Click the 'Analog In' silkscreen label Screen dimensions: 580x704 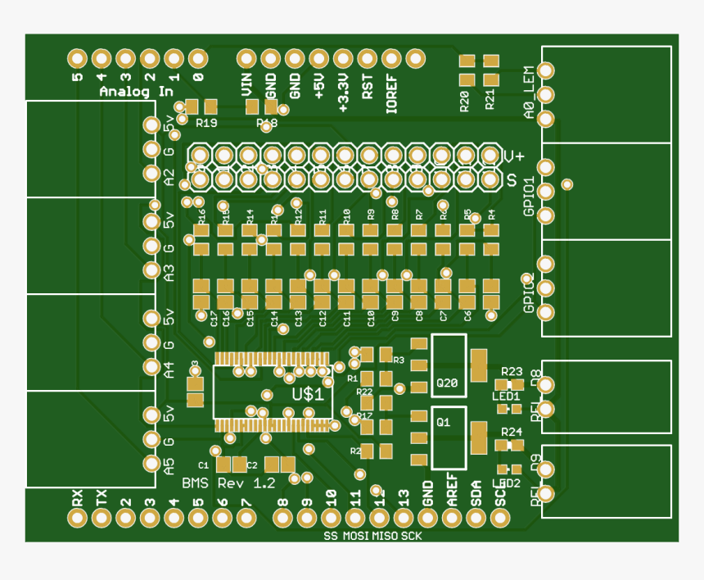tap(129, 92)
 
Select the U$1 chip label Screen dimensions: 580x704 tap(308, 394)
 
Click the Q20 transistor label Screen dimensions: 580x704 tap(448, 383)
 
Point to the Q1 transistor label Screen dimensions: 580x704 tap(443, 423)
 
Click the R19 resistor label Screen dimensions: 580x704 tap(206, 123)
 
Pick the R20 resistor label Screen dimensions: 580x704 tap(465, 101)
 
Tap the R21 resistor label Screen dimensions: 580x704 tap(490, 101)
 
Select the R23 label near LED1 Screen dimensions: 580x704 tap(512, 371)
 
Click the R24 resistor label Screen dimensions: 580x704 tap(512, 431)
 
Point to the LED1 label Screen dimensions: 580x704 tap(507, 396)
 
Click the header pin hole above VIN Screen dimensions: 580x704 tap(246, 58)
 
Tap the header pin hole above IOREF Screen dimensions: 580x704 tap(392, 58)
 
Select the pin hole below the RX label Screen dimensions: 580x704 tap(77, 518)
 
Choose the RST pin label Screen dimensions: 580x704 tap(368, 86)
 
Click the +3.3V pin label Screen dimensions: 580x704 tap(344, 92)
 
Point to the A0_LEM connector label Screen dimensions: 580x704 tap(530, 93)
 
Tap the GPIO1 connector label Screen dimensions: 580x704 tap(530, 196)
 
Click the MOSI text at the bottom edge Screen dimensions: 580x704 tap(356, 537)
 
